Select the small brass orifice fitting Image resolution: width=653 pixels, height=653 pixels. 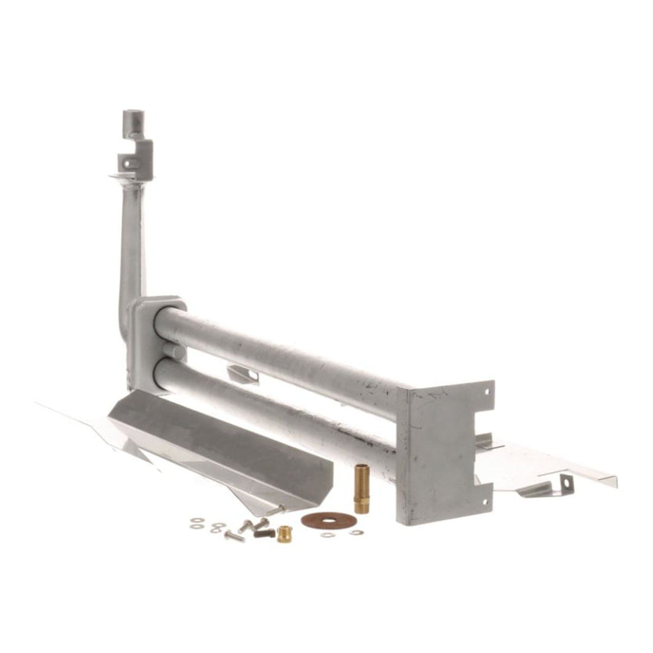pyautogui.click(x=284, y=534)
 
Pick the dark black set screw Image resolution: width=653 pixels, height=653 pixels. pyautogui.click(x=263, y=533)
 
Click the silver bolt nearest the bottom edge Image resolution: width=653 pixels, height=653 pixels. pyautogui.click(x=234, y=537)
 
